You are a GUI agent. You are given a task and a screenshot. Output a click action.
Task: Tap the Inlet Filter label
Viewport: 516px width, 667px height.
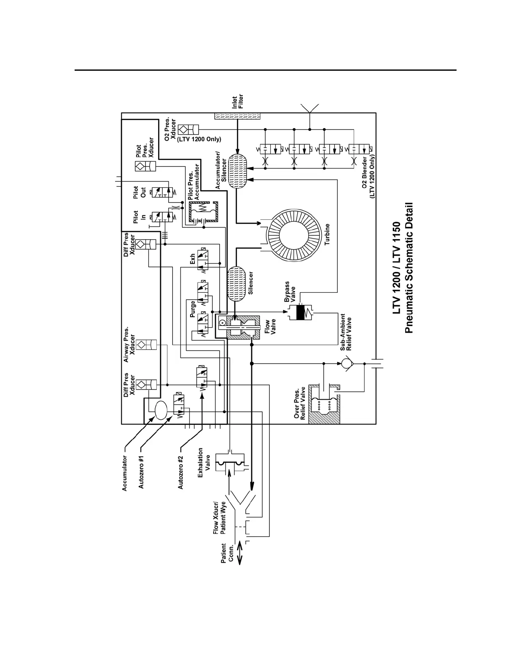[238, 101]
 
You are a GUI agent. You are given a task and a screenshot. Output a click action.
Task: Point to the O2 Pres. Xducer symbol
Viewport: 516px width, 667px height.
[186, 129]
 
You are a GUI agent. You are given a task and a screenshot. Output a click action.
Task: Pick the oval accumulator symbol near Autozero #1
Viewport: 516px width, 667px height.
[161, 410]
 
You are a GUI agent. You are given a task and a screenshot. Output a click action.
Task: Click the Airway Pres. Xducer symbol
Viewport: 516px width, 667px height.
[150, 344]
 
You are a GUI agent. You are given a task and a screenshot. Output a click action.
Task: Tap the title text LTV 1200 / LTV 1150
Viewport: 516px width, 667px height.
[396, 268]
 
